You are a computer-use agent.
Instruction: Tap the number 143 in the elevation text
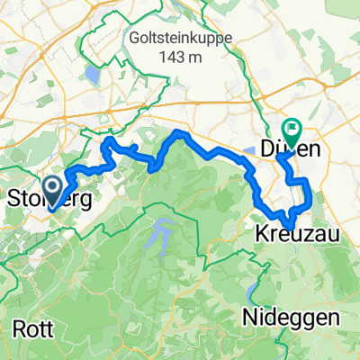click(166, 57)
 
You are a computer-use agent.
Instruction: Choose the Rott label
click(26, 328)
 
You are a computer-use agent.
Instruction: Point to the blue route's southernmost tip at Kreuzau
click(290, 226)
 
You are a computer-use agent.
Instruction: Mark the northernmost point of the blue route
click(181, 133)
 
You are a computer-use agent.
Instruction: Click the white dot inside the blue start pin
click(51, 187)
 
